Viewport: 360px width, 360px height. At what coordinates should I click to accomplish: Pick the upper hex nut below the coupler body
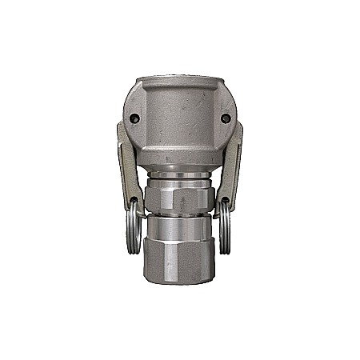point(179,196)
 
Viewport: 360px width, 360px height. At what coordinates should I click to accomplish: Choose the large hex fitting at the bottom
point(179,260)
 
